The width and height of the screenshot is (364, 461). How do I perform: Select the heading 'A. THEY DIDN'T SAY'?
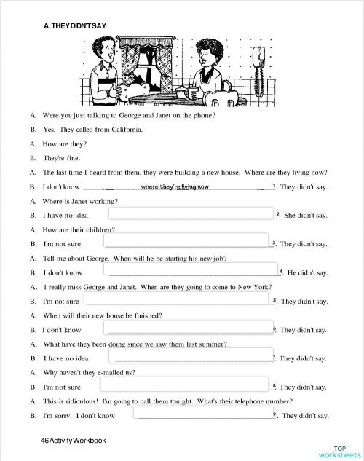pyautogui.click(x=76, y=26)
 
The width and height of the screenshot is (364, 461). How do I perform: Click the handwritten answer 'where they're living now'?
pyautogui.click(x=175, y=187)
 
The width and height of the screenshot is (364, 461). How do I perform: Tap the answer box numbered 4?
pyautogui.click(x=193, y=272)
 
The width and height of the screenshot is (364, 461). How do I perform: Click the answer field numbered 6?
pyautogui.click(x=193, y=328)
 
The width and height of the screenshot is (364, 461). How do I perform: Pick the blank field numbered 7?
pyautogui.click(x=192, y=357)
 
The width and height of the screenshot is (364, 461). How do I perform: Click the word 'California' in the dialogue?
pyautogui.click(x=124, y=130)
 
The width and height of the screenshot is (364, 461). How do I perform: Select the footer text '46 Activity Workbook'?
pyautogui.click(x=74, y=440)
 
